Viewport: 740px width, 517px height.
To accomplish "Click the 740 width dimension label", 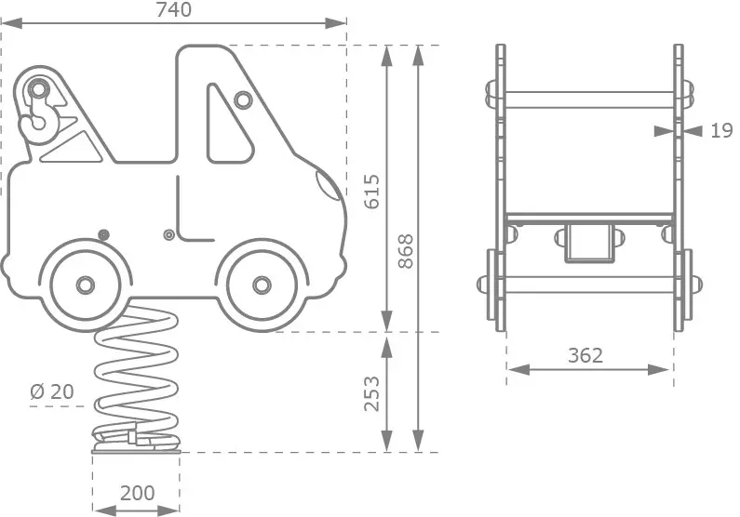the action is click(174, 10).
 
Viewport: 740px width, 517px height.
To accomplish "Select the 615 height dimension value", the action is click(372, 192).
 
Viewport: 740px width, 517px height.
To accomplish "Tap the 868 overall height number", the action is click(406, 251).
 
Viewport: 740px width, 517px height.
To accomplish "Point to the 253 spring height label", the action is click(372, 394).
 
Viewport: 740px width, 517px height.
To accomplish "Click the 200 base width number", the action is click(138, 493).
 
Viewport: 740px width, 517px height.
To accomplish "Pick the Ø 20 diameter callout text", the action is click(52, 391).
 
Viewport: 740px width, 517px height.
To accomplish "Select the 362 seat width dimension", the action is click(585, 355).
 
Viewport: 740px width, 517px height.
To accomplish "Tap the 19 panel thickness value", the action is click(721, 130).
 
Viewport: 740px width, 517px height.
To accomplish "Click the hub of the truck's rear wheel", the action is click(86, 285).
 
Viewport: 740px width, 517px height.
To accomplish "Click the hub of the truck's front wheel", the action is click(262, 285).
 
